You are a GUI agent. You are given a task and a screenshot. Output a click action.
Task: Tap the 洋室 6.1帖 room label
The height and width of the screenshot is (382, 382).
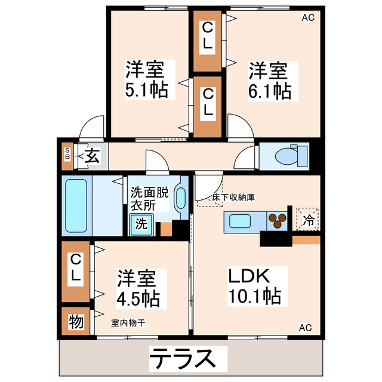[269, 81]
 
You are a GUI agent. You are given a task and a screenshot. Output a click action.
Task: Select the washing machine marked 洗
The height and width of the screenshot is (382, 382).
[141, 225]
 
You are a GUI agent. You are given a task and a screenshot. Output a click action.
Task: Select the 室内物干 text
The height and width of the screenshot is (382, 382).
[128, 322]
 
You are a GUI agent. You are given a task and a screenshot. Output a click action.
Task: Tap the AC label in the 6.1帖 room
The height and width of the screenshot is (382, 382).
[307, 17]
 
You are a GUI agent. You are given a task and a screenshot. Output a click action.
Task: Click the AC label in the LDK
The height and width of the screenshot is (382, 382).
[305, 327]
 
